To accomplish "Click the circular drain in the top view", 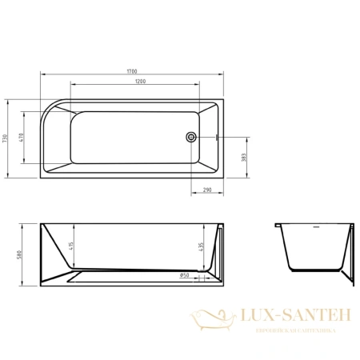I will click(191, 137).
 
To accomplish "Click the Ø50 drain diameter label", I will click(185, 275).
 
